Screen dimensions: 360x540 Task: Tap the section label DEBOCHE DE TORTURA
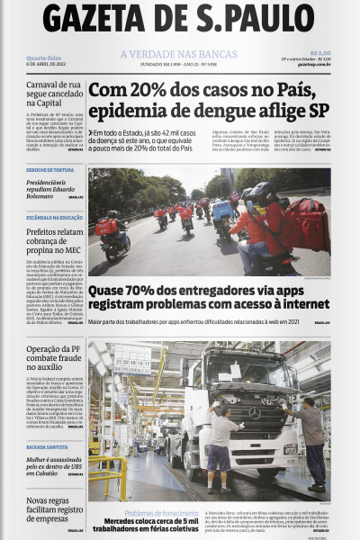(50, 170)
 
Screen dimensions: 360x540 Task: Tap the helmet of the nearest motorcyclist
(263, 194)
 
